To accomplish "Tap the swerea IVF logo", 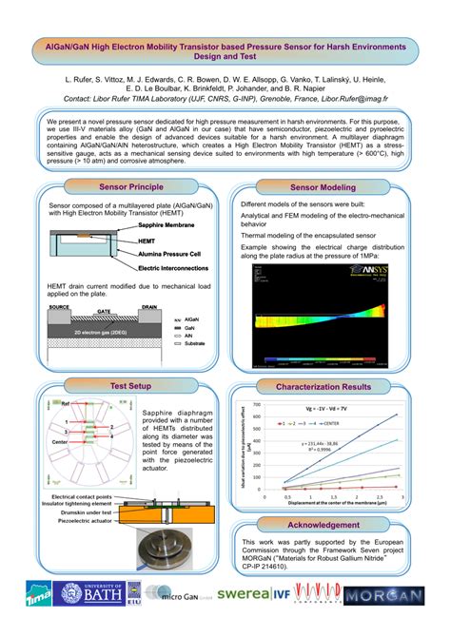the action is point(251,594).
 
